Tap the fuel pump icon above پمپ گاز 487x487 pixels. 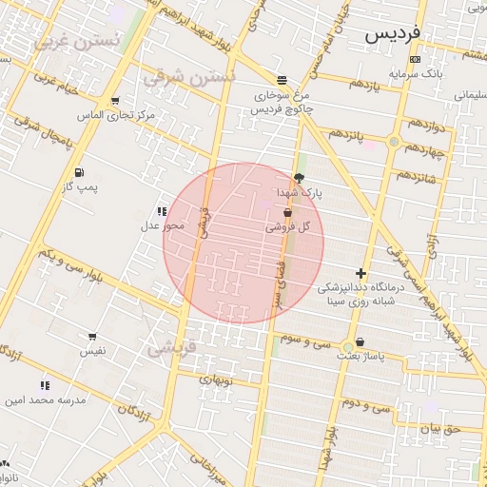click(78, 172)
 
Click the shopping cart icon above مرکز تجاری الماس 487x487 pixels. click(115, 100)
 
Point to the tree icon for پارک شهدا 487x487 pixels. click(300, 177)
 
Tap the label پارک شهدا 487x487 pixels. click(301, 192)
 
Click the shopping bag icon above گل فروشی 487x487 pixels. click(287, 212)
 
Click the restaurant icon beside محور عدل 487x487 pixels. click(162, 211)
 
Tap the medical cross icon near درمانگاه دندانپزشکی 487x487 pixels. click(360, 273)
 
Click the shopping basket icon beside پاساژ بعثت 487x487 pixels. click(360, 342)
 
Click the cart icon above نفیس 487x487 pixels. click(92, 337)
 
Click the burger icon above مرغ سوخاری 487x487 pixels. click(282, 81)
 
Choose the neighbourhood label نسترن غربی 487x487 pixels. click(77, 42)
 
